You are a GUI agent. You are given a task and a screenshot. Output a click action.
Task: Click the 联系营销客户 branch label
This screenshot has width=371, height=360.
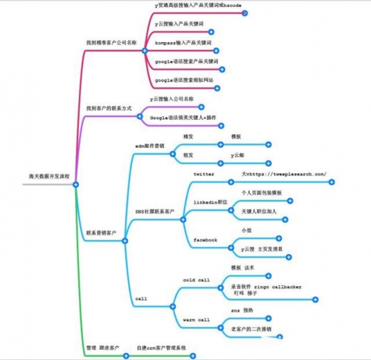(x=102, y=233)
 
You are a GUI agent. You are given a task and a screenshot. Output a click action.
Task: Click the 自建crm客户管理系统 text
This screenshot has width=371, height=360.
(x=161, y=347)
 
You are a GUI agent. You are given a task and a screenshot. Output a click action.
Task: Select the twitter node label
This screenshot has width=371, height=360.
(x=203, y=174)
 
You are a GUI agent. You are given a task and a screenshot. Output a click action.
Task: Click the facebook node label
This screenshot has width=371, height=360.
(x=205, y=240)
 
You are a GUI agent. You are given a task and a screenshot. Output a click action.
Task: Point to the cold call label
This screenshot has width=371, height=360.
(x=196, y=280)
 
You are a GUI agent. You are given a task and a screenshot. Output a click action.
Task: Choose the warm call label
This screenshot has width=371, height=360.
(x=196, y=320)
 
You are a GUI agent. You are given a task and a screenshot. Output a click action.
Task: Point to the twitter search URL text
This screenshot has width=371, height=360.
(x=284, y=174)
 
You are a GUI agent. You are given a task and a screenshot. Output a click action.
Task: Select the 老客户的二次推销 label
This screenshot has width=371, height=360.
(x=251, y=329)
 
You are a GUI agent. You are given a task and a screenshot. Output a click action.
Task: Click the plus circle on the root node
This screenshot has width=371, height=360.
(x=75, y=183)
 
